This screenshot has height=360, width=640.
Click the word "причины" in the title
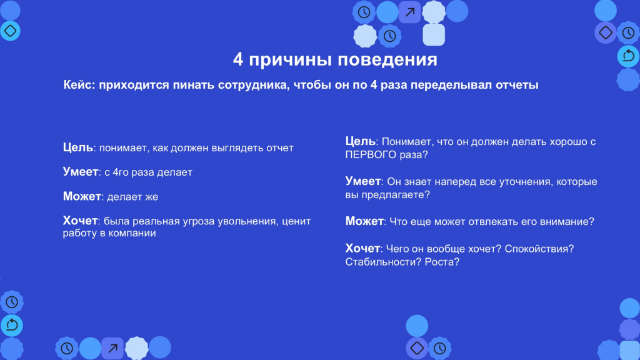pyautogui.click(x=291, y=60)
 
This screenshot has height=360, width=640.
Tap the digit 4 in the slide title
pyautogui.click(x=238, y=59)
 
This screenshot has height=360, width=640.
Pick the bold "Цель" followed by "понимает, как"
pyautogui.click(x=78, y=147)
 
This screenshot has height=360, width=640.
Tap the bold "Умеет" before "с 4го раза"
pyautogui.click(x=81, y=172)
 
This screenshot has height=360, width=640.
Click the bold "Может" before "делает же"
pyautogui.click(x=82, y=196)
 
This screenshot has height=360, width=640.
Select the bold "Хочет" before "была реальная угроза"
pyautogui.click(x=80, y=221)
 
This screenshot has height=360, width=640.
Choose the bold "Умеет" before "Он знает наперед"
pyautogui.click(x=363, y=181)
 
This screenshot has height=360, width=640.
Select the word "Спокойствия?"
pyautogui.click(x=539, y=249)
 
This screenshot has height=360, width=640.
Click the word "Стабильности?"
pyautogui.click(x=383, y=262)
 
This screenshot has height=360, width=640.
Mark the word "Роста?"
pyautogui.click(x=442, y=262)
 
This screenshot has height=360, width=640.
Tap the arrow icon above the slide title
pyautogui.click(x=410, y=12)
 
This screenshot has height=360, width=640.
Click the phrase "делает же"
pyautogui.click(x=132, y=197)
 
